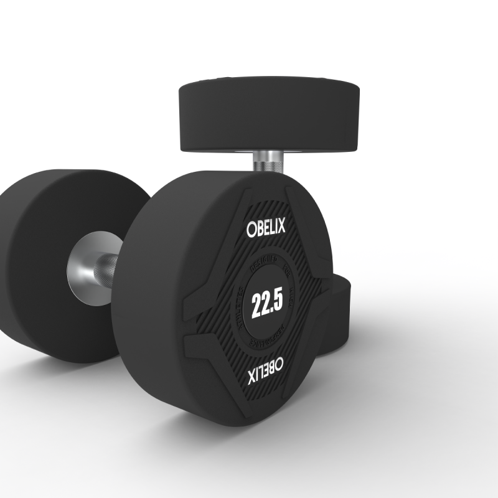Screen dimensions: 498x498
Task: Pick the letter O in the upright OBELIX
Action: click(250, 228)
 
